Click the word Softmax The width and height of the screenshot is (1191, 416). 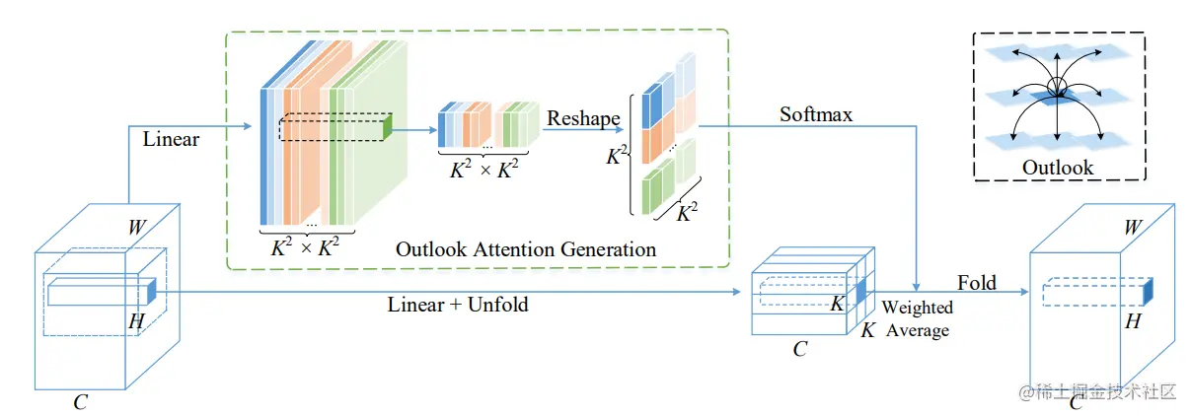[x=816, y=114]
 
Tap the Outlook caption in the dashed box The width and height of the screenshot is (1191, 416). [x=1057, y=168]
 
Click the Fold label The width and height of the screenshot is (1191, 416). [x=976, y=283]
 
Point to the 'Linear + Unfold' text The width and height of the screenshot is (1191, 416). [x=458, y=305]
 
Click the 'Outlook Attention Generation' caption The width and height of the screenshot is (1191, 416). [x=525, y=249]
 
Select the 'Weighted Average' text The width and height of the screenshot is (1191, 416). [x=917, y=319]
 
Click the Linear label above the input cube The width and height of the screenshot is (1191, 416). [x=171, y=139]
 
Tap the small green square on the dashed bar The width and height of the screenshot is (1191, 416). [x=388, y=123]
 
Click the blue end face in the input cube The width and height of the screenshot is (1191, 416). [x=152, y=292]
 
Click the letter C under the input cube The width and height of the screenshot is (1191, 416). [x=80, y=402]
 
